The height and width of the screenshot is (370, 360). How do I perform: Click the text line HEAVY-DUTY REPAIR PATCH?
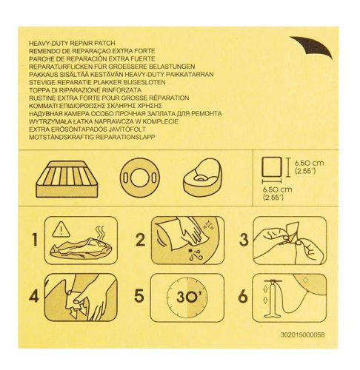pos(72,43)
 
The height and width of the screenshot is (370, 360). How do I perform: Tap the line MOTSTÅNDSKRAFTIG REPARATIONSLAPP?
pos(92,137)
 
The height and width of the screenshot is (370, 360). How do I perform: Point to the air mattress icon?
pos(67,179)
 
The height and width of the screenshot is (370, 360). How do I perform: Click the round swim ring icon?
pos(140,178)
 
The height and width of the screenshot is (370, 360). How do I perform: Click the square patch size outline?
pos(272,166)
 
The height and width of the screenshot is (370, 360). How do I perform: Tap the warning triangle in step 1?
pos(61,228)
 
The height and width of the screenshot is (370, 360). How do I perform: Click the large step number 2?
pos(140,240)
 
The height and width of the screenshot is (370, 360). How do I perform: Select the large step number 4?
pos(34,296)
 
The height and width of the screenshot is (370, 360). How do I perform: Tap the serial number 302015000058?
pos(302,334)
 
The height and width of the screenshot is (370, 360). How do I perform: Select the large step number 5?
pos(139,295)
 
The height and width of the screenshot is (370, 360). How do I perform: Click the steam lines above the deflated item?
pos(101,233)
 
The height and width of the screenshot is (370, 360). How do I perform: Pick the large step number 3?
pos(244,240)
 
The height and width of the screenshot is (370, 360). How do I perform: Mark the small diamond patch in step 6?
pos(305,280)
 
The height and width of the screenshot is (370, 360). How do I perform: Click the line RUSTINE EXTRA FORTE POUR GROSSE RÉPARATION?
pos(109,98)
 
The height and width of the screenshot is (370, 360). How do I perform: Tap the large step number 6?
pos(243,296)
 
